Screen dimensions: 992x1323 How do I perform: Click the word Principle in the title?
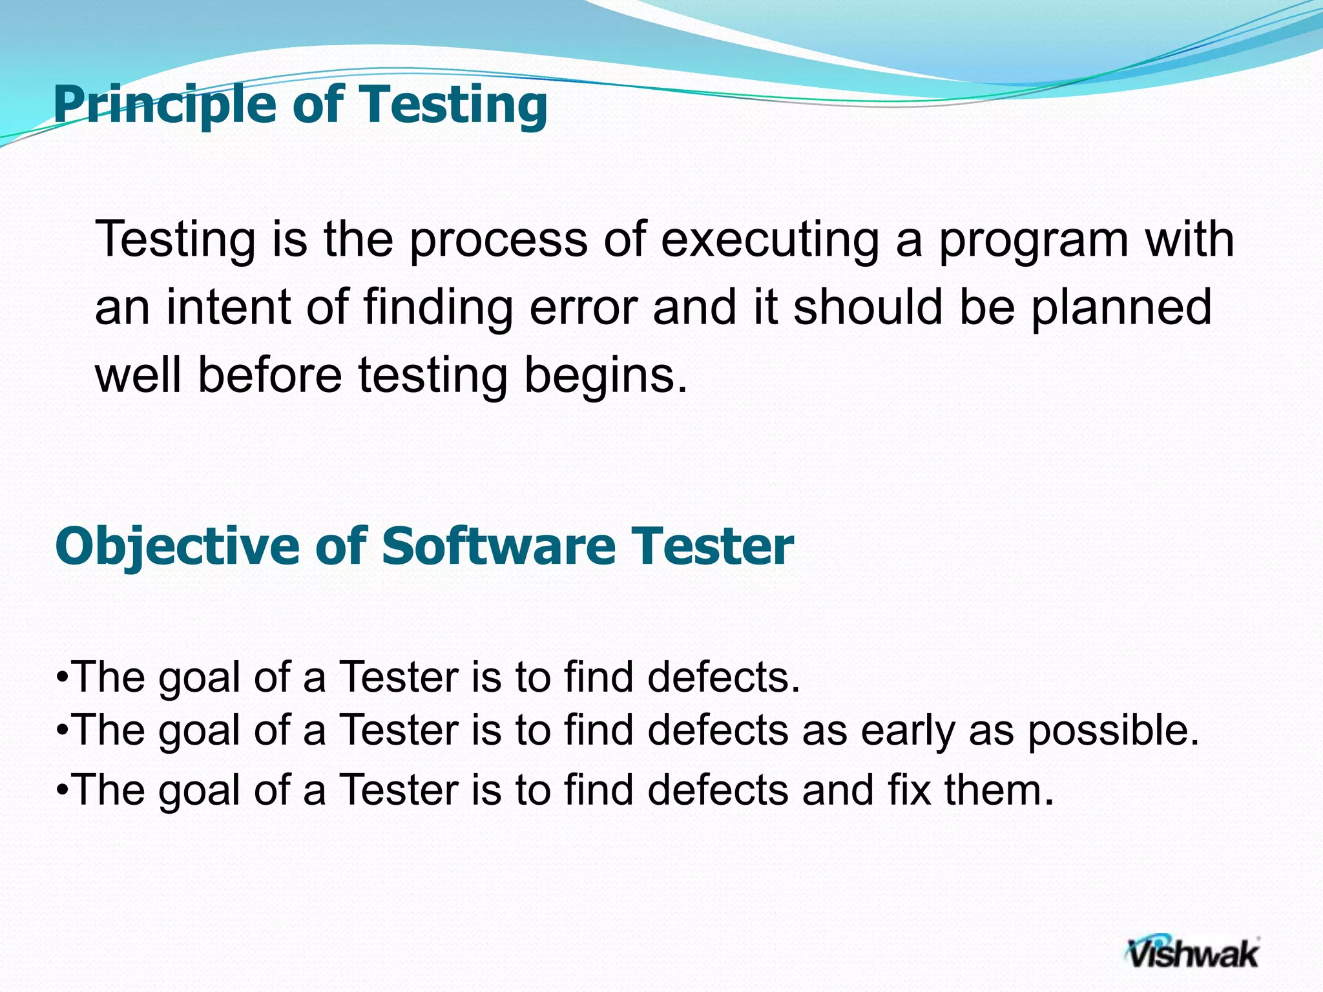tap(164, 105)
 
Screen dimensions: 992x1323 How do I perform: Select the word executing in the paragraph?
tap(769, 240)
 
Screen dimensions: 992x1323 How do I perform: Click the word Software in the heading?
tap(498, 547)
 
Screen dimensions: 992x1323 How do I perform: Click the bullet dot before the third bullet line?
tap(63, 790)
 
